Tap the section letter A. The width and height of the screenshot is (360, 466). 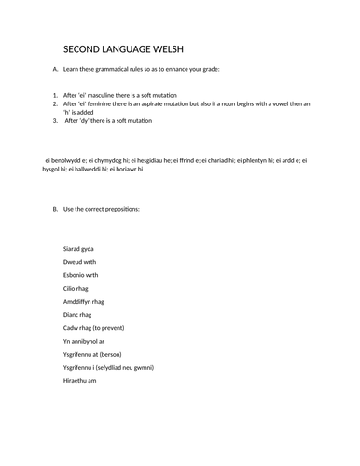pos(56,71)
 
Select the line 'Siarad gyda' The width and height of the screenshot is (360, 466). pos(78,249)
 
